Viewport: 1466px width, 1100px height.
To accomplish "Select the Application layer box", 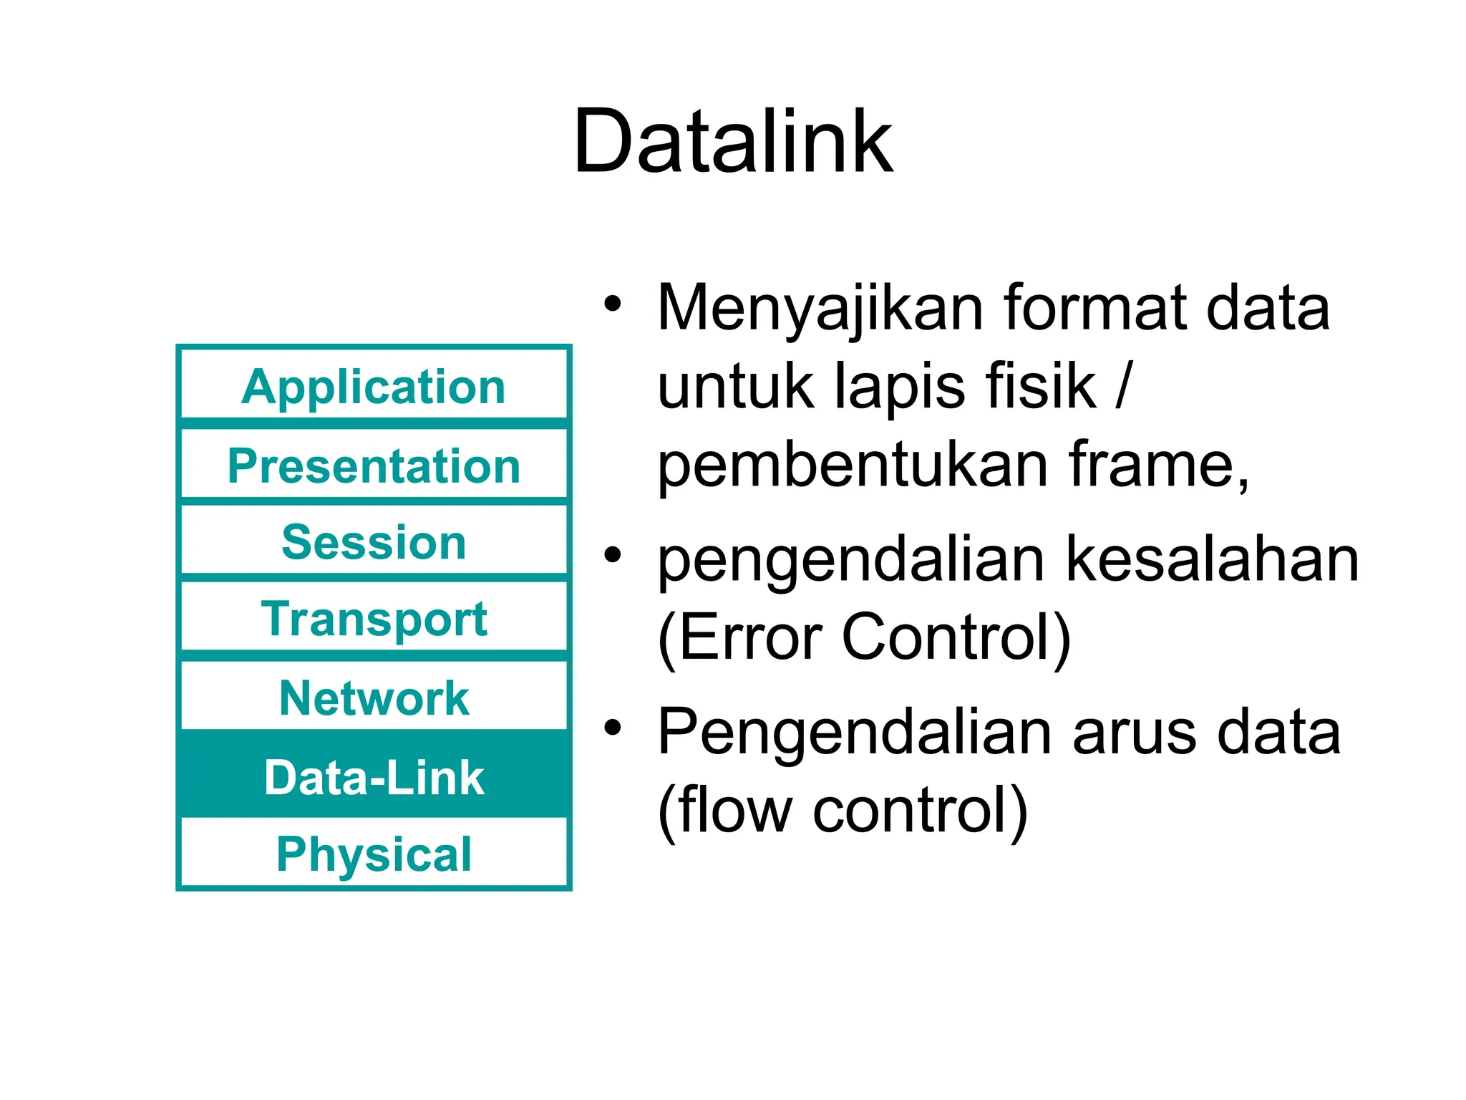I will click(374, 387).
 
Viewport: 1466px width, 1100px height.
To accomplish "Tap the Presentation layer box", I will click(374, 465).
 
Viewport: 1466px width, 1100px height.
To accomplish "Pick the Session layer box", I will click(374, 542).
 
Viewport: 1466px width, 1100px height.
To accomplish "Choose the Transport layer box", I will click(374, 619).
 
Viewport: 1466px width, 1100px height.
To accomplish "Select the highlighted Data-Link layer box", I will click(374, 777).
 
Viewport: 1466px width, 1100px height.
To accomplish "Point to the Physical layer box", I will click(374, 854).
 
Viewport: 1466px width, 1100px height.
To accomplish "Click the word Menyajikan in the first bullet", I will click(820, 308).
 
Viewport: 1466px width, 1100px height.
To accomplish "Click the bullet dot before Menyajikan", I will click(612, 304).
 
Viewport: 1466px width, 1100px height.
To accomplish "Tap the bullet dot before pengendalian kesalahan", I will click(612, 555).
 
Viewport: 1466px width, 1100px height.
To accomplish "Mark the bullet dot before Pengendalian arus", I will click(612, 728).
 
